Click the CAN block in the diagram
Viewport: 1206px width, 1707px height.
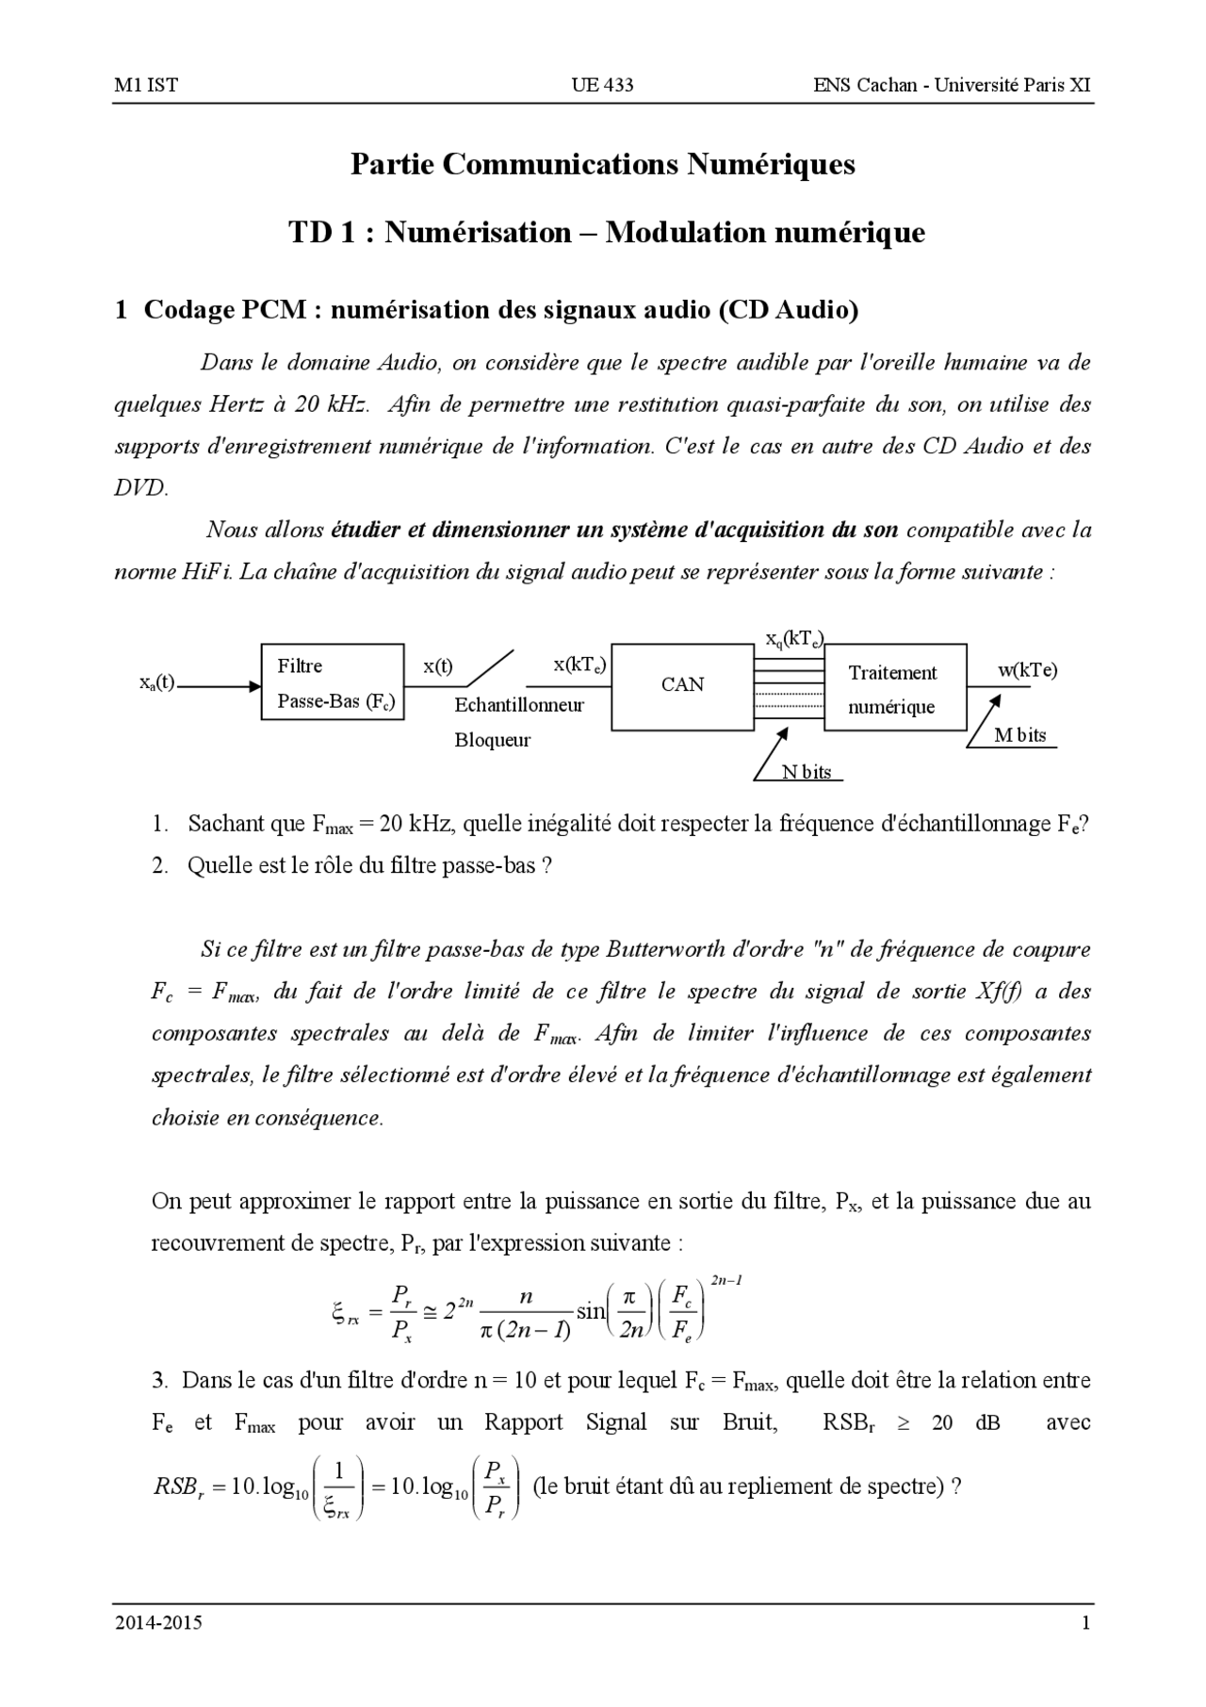[x=682, y=685]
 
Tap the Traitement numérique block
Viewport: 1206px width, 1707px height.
[x=894, y=688]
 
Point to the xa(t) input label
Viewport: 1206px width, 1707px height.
[x=156, y=682]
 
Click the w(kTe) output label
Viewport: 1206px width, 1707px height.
[x=1027, y=670]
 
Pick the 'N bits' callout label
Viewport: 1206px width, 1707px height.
[x=807, y=772]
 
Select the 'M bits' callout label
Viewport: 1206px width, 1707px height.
[x=1019, y=736]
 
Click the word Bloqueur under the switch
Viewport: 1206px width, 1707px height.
[x=492, y=740]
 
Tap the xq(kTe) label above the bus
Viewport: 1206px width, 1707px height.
[x=793, y=638]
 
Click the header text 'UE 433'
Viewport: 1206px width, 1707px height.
[x=602, y=85]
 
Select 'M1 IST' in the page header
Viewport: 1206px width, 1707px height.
[x=145, y=85]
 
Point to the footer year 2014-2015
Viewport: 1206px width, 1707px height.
[x=158, y=1623]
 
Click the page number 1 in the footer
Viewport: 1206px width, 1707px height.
[x=1085, y=1623]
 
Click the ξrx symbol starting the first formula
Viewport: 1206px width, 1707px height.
[x=346, y=1313]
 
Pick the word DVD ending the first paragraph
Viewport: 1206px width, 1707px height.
[x=139, y=487]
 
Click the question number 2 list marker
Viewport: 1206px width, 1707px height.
[x=159, y=865]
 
